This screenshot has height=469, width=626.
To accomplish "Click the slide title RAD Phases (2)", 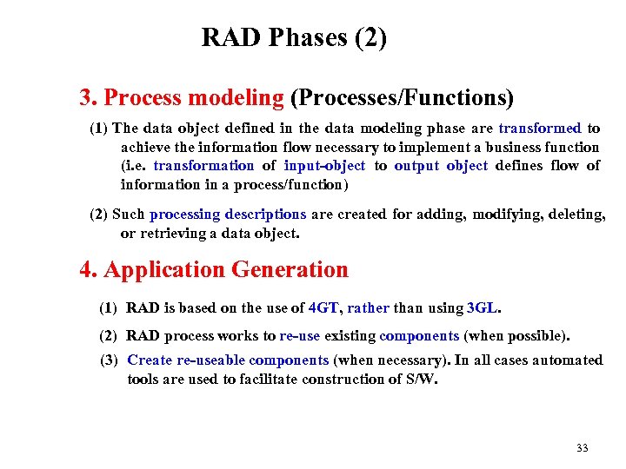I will click(x=294, y=38).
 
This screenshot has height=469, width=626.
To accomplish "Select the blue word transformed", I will click(x=539, y=129).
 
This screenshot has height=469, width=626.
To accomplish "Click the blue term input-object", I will click(x=324, y=166).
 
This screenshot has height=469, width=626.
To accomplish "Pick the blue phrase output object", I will click(x=441, y=166).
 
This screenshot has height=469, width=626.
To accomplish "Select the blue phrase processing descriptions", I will click(x=228, y=215).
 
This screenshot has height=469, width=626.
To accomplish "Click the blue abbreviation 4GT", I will click(x=323, y=308).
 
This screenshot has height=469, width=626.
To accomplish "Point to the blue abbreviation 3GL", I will click(x=483, y=308).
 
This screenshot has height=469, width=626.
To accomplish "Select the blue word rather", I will click(x=368, y=308).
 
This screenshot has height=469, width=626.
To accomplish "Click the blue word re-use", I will click(x=300, y=335).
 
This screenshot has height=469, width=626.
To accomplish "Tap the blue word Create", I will click(x=150, y=360).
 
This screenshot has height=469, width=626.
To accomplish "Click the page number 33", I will click(x=582, y=448).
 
